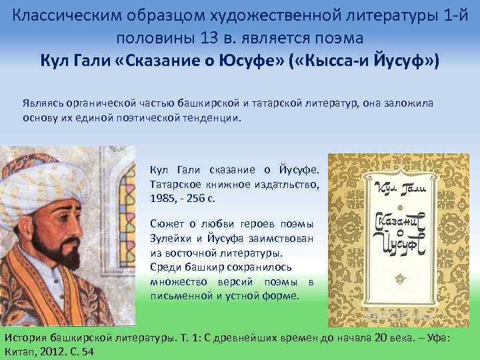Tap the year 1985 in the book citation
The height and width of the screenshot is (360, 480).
click(x=163, y=198)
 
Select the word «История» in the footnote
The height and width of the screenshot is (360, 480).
click(x=25, y=338)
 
